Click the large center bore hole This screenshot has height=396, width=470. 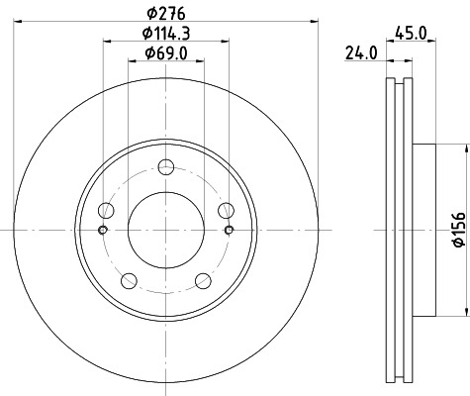click(166, 229)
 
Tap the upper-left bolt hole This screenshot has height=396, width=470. click(106, 209)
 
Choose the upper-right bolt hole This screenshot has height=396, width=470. click(227, 209)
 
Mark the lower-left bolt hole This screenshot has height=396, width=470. click(129, 280)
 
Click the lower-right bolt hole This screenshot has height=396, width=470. click(204, 280)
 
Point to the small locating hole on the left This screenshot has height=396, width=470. click(103, 231)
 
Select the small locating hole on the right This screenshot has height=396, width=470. click(230, 231)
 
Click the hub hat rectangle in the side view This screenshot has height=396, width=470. click(423, 229)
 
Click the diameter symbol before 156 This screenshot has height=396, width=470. click(458, 248)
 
